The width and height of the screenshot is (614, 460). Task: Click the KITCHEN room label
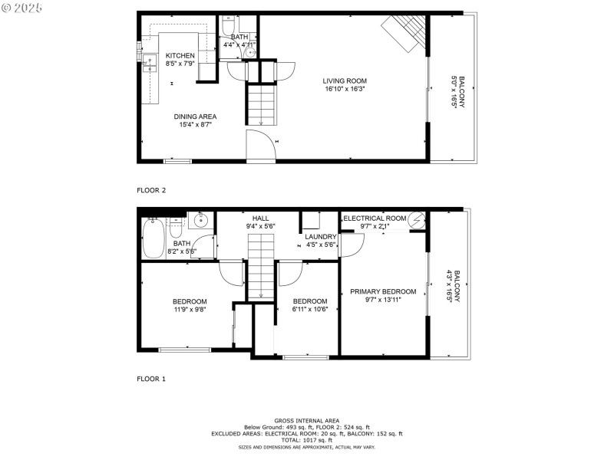(180, 55)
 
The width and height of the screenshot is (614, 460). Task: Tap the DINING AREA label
(198, 116)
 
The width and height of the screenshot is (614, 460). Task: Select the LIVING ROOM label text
(344, 80)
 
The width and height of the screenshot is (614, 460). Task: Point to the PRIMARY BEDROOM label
(383, 291)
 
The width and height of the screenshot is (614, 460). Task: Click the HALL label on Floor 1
(259, 218)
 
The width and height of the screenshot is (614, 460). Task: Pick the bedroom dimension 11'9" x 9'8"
(189, 310)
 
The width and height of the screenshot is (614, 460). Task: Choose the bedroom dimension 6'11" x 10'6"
(310, 310)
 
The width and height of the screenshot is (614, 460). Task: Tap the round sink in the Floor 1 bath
(200, 222)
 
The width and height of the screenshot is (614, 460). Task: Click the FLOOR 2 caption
(151, 189)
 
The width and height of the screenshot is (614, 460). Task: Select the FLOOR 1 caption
(151, 379)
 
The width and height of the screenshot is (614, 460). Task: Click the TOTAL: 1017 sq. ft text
(306, 440)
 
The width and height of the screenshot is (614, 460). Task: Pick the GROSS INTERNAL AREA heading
(306, 421)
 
